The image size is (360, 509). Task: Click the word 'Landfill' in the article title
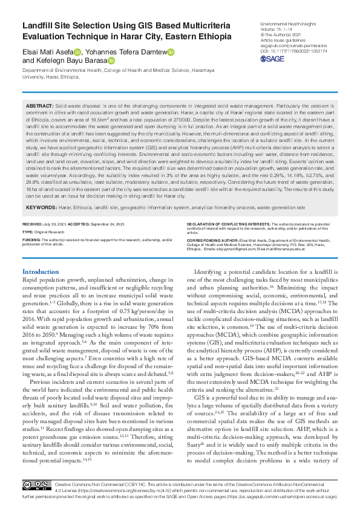pos(39,26)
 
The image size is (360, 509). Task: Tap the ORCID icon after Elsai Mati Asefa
pos(77,52)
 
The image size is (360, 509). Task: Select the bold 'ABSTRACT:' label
pos(40,106)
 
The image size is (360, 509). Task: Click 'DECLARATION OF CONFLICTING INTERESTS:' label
pos(227,224)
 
